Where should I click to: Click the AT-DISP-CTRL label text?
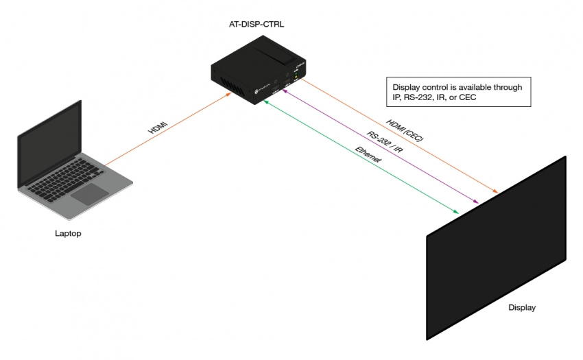[x=257, y=24]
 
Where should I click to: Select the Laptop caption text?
[x=68, y=234]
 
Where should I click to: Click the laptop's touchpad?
[x=89, y=193]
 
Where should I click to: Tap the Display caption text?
[x=522, y=308]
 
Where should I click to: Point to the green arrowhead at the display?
[x=455, y=211]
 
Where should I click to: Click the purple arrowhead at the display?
[x=475, y=202]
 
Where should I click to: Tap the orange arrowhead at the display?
[x=495, y=190]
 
